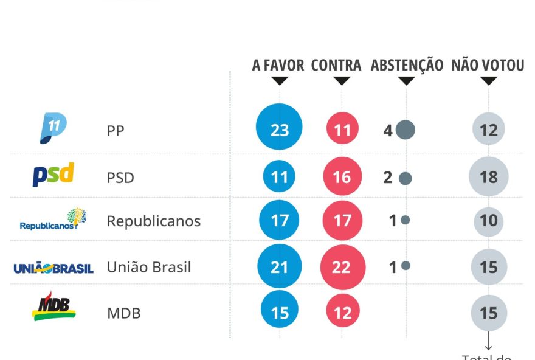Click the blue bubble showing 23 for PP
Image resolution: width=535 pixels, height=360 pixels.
click(279, 130)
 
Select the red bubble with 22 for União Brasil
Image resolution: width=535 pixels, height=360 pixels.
click(342, 266)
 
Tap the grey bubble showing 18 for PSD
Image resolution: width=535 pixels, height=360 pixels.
click(488, 177)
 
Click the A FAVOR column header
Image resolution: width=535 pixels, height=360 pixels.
click(278, 66)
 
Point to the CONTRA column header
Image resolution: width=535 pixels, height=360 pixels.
click(336, 66)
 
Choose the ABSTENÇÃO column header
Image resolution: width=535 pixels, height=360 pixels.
click(407, 66)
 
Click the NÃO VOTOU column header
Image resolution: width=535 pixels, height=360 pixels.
click(488, 66)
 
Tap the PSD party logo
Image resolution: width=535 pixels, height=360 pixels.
click(53, 175)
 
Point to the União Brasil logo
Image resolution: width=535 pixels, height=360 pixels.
click(53, 268)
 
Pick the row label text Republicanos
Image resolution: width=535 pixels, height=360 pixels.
click(153, 221)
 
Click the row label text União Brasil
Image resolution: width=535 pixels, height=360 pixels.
click(149, 267)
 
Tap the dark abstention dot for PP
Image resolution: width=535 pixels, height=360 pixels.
click(405, 130)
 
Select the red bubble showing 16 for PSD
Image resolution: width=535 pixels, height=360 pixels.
click(342, 177)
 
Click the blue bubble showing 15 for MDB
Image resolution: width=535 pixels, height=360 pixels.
click(279, 313)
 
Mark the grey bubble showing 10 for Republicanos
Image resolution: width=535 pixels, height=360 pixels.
click(488, 220)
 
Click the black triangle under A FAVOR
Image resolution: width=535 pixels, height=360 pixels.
click(280, 81)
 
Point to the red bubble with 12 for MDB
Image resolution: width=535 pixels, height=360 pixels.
click(342, 313)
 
